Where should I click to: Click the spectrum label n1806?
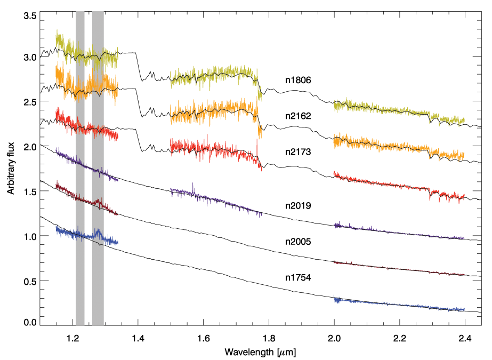tap(297, 80)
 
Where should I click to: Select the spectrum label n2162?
tap(297, 115)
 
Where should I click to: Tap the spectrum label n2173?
tap(297, 151)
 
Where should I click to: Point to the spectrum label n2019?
tap(297, 205)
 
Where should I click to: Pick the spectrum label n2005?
tap(297, 241)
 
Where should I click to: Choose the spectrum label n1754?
tap(297, 277)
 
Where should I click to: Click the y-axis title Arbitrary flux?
tap(11, 170)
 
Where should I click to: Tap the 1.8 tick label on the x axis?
tap(269, 338)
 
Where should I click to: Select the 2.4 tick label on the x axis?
tap(465, 338)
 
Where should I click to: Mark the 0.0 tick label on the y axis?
tap(30, 322)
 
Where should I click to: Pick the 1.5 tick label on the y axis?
tap(30, 191)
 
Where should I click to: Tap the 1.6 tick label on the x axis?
tap(204, 338)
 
